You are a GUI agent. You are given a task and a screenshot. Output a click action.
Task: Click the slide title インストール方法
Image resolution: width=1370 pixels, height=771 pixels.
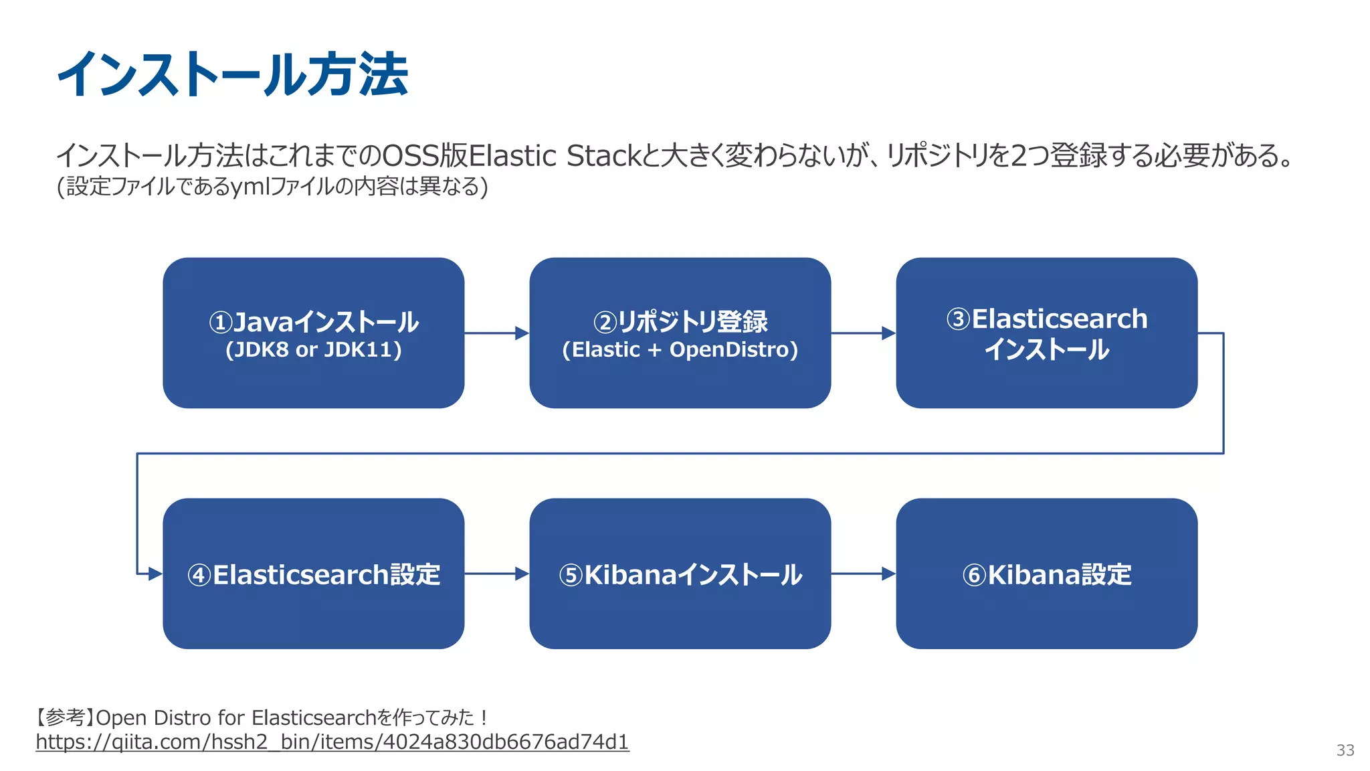tap(232, 74)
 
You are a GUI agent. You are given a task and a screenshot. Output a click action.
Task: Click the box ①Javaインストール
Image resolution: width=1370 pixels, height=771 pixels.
tap(313, 333)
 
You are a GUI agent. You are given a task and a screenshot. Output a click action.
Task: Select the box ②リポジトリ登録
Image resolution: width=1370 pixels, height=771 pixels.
tap(680, 333)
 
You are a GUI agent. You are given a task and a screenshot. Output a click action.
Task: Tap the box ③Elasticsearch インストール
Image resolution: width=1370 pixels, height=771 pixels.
tap(1046, 333)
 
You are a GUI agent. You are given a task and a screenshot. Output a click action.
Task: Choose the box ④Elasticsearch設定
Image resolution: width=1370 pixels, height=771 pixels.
tap(313, 574)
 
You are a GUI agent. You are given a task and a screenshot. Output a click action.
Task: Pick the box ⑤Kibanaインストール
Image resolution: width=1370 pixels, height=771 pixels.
tap(680, 574)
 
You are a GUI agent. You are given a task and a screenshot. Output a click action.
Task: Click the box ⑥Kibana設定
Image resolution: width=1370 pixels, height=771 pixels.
tap(1046, 574)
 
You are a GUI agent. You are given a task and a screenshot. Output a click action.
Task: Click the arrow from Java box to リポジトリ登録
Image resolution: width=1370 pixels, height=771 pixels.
tap(496, 333)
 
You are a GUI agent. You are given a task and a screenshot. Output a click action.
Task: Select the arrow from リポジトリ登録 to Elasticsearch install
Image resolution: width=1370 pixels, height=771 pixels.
tap(863, 333)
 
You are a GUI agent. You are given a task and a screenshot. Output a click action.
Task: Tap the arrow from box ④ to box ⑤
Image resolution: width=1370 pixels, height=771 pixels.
tap(496, 574)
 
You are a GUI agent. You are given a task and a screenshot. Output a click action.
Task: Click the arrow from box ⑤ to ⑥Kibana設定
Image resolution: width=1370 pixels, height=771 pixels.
tap(863, 574)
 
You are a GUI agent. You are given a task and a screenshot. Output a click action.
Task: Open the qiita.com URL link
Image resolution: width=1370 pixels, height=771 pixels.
tap(332, 742)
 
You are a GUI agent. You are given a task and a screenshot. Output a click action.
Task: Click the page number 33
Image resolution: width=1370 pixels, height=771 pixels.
tap(1345, 750)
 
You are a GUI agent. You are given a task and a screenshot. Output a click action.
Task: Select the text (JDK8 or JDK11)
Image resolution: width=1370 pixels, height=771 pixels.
tap(313, 350)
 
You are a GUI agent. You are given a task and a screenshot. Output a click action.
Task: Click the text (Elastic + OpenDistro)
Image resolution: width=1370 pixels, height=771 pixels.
tap(680, 350)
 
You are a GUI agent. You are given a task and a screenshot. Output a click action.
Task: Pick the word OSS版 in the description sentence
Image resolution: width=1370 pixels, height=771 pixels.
tap(424, 156)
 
